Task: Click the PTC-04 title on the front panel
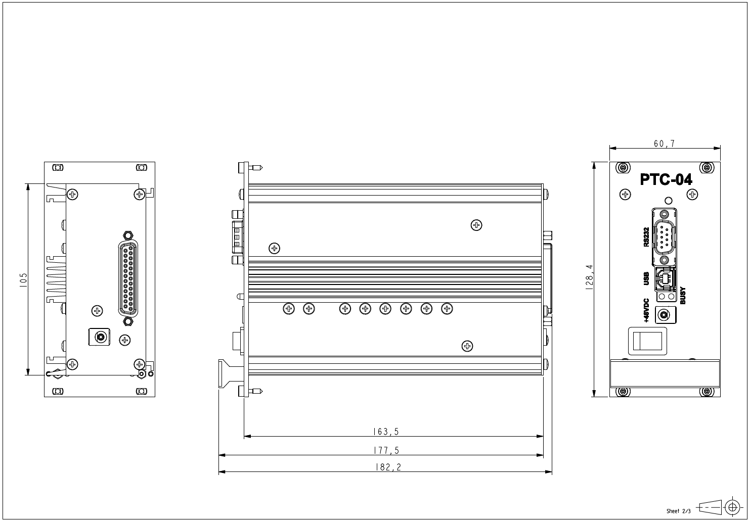[666, 179]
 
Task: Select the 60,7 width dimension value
[664, 144]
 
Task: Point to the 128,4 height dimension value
[589, 279]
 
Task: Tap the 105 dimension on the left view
[23, 279]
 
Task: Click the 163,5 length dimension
[386, 432]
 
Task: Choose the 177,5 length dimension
[386, 450]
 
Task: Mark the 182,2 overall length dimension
[388, 467]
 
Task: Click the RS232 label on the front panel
[646, 236]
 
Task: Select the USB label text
[646, 279]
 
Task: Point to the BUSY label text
[682, 295]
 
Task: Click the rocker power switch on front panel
[648, 341]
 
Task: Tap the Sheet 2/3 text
[678, 511]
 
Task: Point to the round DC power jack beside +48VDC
[664, 315]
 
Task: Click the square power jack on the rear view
[99, 337]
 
